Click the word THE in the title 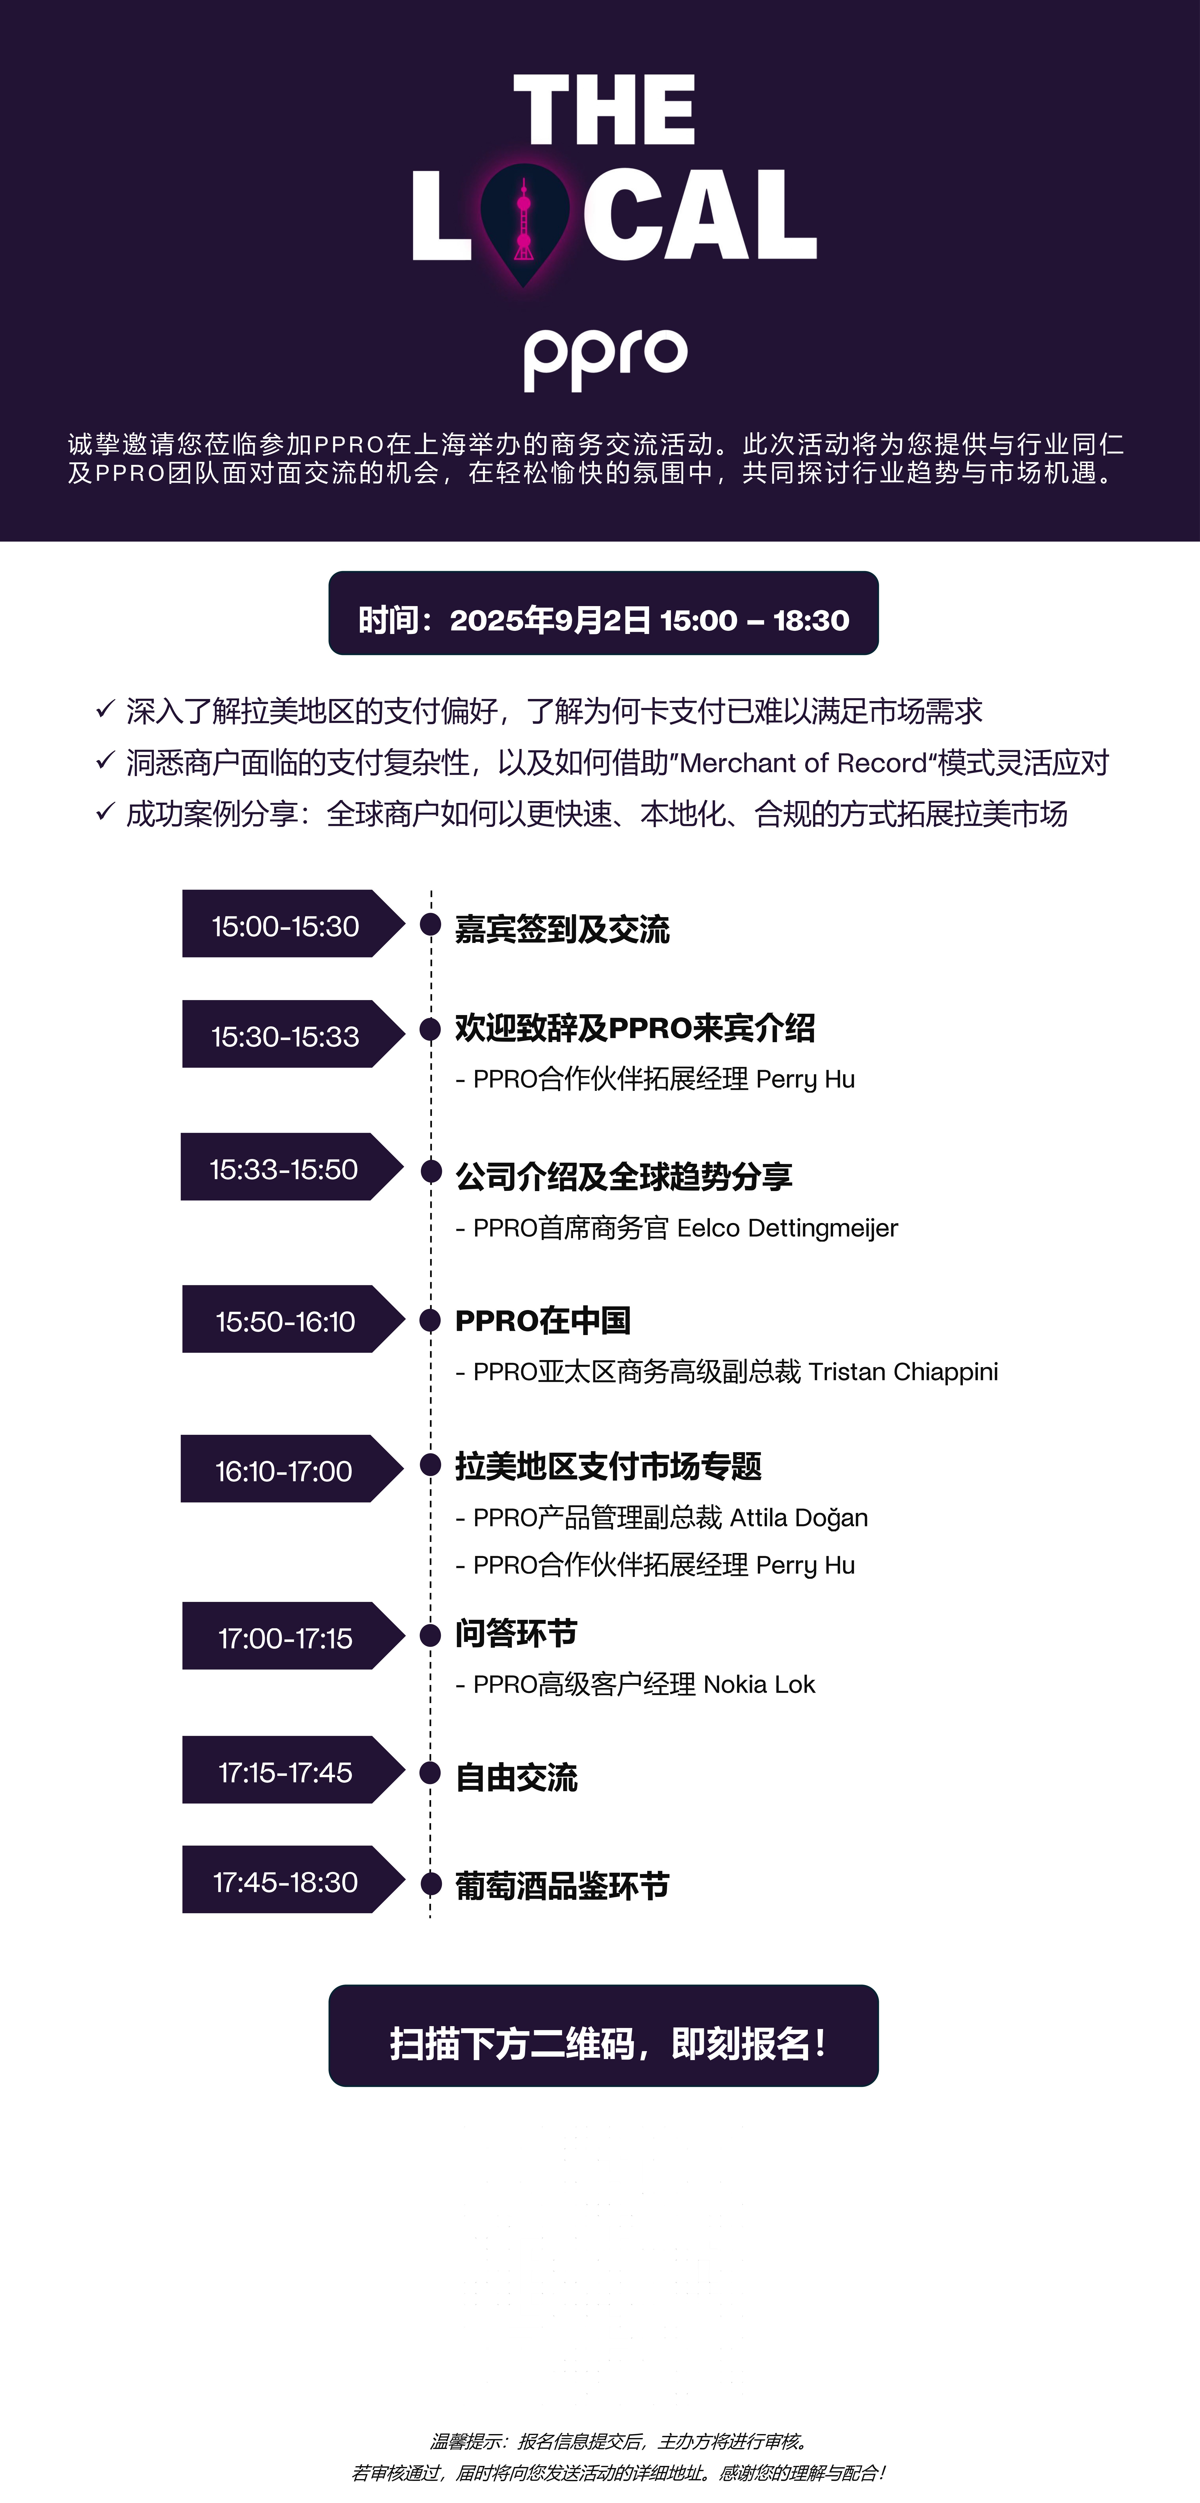pos(603,110)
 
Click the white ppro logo pos(605,358)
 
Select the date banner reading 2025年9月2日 pos(603,619)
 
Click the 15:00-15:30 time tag pos(286,926)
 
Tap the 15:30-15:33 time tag pos(286,1036)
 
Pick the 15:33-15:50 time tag pos(284,1169)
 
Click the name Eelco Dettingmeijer pos(787,1228)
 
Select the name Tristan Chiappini pos(903,1372)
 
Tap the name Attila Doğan pos(799,1518)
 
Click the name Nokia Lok pos(759,1685)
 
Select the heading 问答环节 pos(516,1633)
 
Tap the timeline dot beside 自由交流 pos(430,1773)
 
